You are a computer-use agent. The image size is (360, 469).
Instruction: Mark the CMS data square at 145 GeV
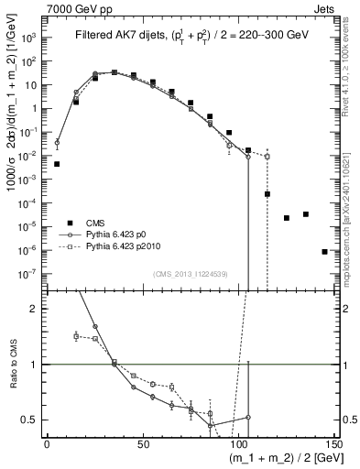pyautogui.click(x=324, y=251)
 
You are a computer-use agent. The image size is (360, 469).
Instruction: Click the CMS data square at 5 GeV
pyautogui.click(x=57, y=164)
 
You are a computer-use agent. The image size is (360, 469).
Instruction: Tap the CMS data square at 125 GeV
pyautogui.click(x=287, y=218)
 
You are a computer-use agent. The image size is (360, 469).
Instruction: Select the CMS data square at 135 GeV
pyautogui.click(x=306, y=214)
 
